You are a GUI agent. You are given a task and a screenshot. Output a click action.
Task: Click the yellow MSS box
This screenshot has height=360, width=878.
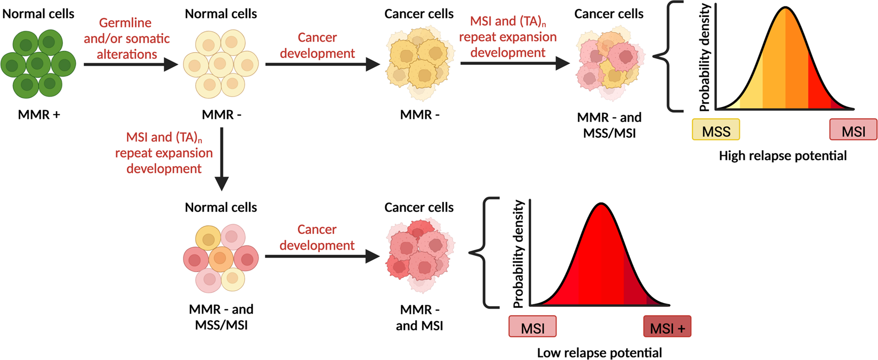(716, 130)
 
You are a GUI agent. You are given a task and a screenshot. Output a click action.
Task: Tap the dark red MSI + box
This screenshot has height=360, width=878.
(667, 327)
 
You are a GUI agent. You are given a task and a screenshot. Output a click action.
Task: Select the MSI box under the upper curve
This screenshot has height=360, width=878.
(853, 130)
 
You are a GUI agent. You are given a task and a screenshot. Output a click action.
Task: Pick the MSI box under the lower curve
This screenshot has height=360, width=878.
(532, 327)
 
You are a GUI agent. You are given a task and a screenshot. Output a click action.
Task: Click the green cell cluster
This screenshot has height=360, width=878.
(38, 63)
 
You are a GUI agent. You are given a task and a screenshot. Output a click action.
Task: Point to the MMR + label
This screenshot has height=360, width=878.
(39, 115)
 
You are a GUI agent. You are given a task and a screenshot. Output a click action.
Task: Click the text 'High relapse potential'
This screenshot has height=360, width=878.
(782, 156)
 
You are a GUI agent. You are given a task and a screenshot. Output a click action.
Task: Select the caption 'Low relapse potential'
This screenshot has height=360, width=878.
(599, 353)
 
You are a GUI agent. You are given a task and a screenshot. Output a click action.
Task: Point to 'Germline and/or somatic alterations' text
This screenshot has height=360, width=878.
(127, 39)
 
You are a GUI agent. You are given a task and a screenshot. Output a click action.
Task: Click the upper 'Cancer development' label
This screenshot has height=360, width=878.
(317, 45)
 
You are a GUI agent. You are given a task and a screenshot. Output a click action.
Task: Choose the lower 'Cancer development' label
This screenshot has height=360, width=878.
(317, 238)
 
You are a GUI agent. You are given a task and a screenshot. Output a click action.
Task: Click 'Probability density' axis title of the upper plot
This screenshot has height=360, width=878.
(705, 58)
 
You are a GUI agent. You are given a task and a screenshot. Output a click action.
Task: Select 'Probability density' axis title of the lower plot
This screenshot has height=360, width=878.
(518, 254)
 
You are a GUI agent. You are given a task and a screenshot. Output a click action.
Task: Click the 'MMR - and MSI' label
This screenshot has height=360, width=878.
(419, 318)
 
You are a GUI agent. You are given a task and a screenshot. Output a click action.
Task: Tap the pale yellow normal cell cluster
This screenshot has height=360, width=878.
(221, 64)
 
